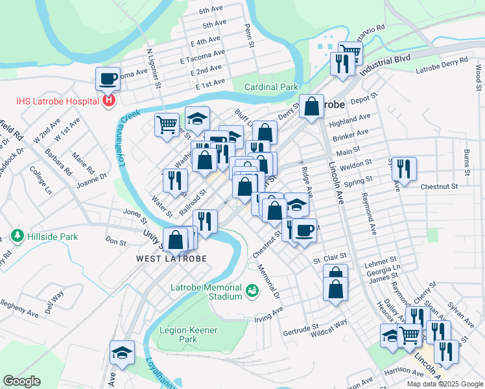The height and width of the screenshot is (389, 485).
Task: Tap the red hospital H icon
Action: [108, 101]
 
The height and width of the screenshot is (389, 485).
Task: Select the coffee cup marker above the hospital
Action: [108, 78]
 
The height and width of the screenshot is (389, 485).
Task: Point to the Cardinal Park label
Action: [270, 87]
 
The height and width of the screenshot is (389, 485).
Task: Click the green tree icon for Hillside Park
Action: [17, 237]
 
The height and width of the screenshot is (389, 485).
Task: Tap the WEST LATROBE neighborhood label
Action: [171, 259]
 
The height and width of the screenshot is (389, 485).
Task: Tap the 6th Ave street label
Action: [211, 10]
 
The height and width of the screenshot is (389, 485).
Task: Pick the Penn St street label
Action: [248, 36]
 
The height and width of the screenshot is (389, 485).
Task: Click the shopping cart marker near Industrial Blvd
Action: [350, 51]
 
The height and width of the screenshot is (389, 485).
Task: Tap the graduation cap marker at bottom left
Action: [122, 353]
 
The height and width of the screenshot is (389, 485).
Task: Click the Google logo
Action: [21, 381]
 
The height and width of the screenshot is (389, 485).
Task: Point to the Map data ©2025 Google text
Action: [444, 384]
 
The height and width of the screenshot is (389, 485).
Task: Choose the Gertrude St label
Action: [301, 329]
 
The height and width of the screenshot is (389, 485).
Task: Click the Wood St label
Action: [478, 77]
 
